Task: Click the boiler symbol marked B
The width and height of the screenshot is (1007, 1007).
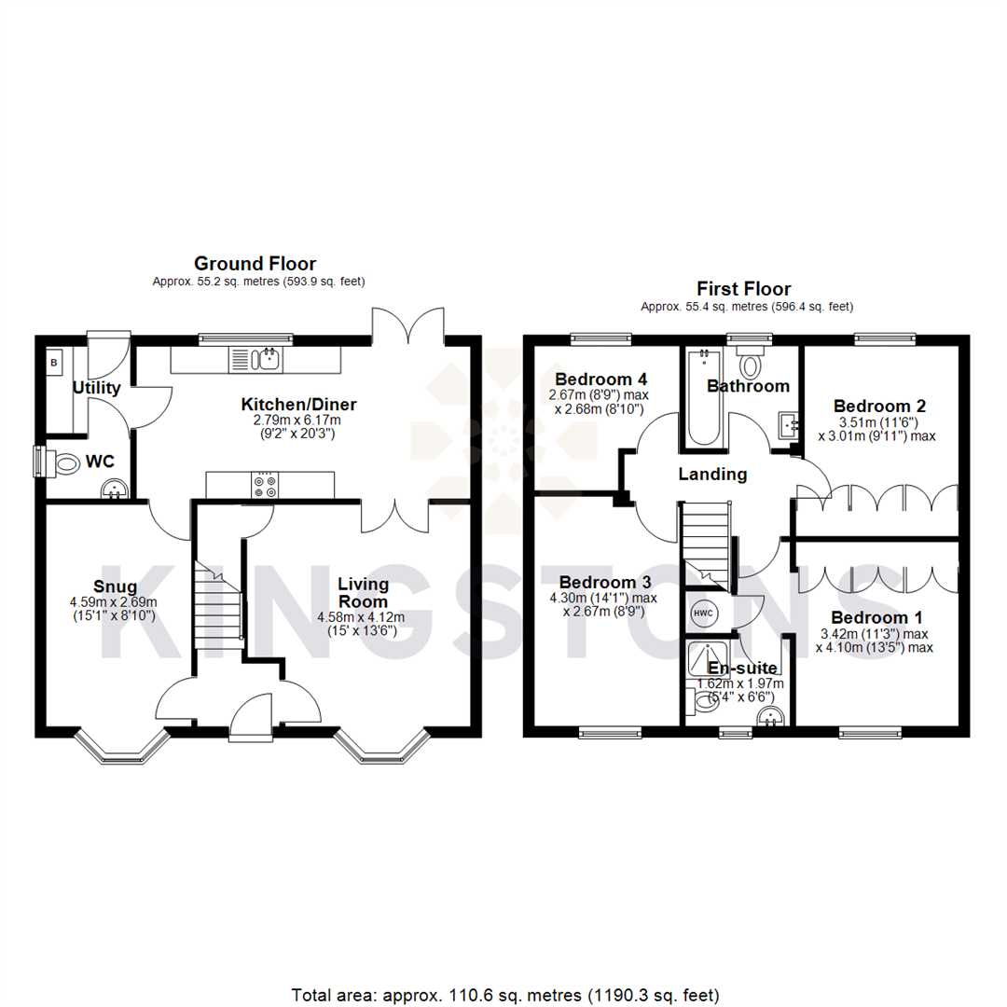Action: (54, 362)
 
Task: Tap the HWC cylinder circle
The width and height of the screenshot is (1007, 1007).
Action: (703, 614)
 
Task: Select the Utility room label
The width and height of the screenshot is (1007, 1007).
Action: (97, 388)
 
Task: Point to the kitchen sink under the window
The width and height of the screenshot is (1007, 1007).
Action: (270, 358)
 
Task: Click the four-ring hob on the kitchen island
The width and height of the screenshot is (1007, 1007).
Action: (264, 485)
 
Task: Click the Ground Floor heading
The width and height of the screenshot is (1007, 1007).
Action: (254, 264)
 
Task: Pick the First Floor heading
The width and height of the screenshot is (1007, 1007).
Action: (743, 289)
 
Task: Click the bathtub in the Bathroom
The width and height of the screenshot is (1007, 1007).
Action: (700, 397)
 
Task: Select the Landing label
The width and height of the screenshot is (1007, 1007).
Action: (712, 475)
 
